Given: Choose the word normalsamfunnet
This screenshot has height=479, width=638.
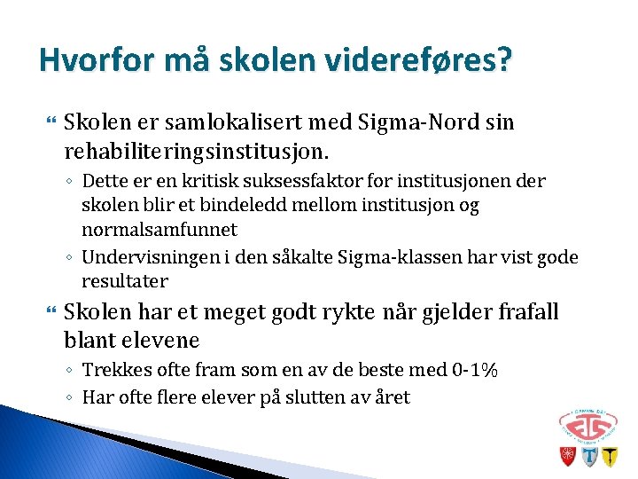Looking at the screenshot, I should [159, 231].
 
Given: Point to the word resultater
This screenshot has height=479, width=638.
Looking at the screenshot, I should [124, 281].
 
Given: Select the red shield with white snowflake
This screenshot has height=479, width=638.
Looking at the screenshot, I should [566, 457].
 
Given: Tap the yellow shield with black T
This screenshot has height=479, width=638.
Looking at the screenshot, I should [610, 457].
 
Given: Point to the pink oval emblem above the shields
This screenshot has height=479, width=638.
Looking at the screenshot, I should [587, 424].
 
